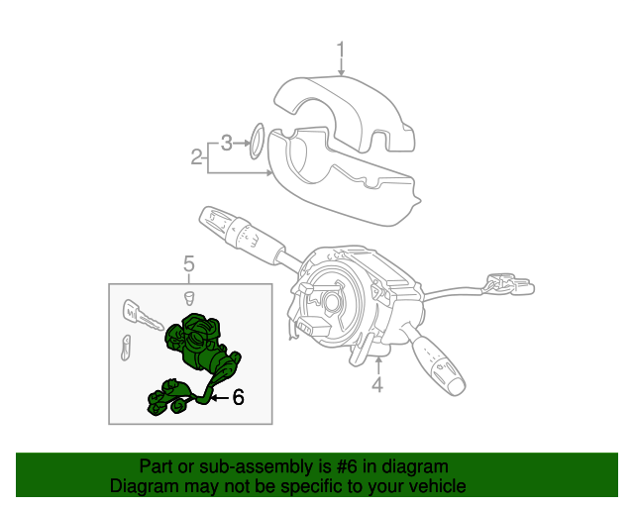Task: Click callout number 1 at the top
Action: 341,51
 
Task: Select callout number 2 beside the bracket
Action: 197,155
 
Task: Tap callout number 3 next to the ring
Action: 227,143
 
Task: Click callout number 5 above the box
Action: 189,262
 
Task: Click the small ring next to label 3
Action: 255,140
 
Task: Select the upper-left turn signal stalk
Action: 234,232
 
